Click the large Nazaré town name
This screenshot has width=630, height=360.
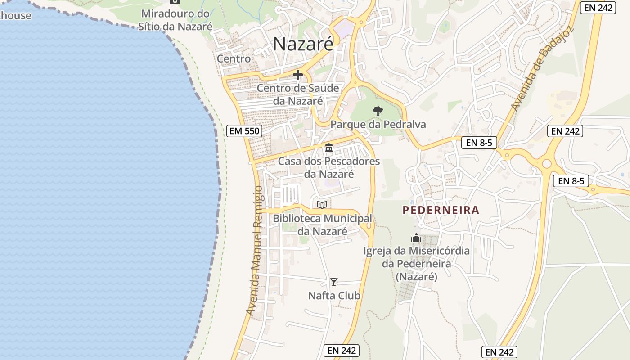303,44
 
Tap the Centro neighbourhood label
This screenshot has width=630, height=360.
234,58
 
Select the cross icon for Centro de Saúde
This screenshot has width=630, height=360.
298,75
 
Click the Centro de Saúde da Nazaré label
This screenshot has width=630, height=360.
298,94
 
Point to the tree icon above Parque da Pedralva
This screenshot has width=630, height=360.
378,111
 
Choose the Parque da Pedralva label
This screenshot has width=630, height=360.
378,125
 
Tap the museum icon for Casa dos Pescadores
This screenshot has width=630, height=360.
329,148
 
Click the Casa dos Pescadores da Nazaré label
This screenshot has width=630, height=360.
329,167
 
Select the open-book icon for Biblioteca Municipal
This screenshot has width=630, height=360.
322,205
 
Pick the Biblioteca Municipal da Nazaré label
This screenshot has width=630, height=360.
322,225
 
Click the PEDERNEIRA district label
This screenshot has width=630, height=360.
441,210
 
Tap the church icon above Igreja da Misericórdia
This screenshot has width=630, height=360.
416,238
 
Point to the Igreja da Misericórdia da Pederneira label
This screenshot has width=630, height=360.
417,263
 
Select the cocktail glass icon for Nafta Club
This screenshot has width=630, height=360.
333,282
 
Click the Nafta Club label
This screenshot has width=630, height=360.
334,296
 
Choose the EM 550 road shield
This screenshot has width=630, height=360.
244,131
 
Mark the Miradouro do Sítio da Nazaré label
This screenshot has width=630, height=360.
175,20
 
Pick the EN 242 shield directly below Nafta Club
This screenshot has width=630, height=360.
342,351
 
